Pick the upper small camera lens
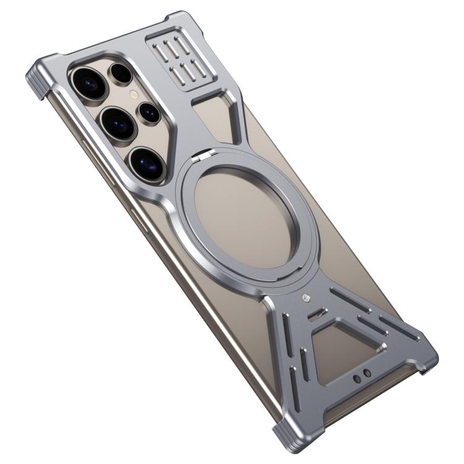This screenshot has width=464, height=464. tap(121, 74)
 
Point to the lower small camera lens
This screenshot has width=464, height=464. tap(150, 112)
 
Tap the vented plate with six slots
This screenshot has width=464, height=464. tap(174, 61)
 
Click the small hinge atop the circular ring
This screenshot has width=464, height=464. tap(199, 160)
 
